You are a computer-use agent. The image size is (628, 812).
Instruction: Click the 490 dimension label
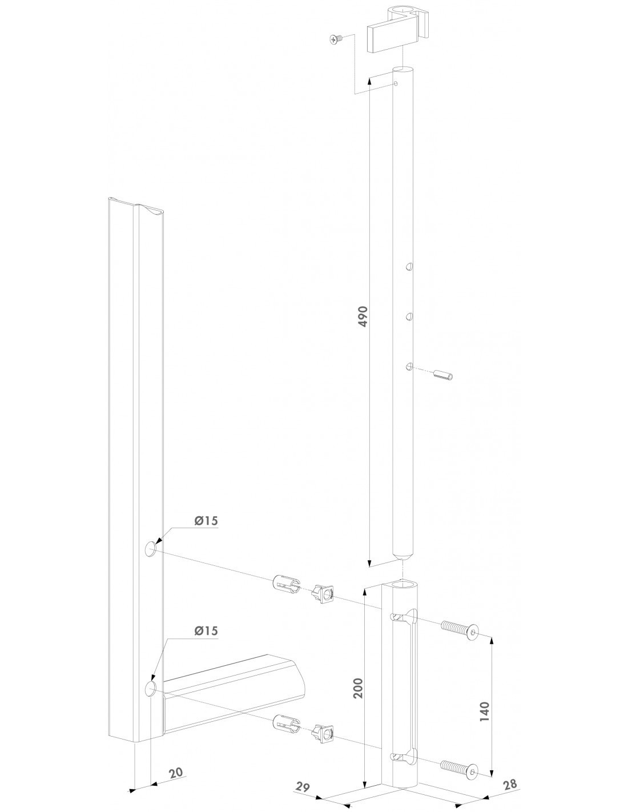pyautogui.click(x=363, y=316)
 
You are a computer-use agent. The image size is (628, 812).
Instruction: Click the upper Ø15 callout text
pyautogui.click(x=206, y=521)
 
